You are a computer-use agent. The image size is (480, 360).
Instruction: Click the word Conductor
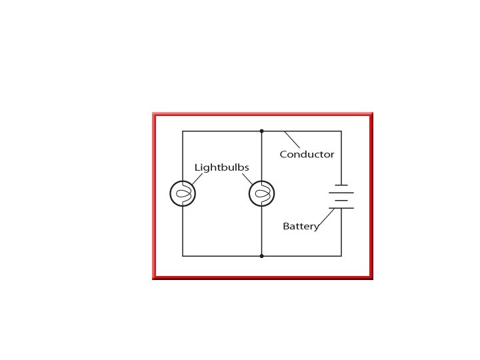[x=307, y=155]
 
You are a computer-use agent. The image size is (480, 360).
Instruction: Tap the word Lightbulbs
[x=221, y=167]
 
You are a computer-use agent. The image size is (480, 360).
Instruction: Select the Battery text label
[x=301, y=227]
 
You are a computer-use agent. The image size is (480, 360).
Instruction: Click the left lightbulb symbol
[x=183, y=194]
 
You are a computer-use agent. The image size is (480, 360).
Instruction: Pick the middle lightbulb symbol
[x=261, y=194]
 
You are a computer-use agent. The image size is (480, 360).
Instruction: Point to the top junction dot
[x=261, y=131]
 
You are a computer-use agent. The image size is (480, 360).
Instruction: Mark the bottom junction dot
[x=261, y=255]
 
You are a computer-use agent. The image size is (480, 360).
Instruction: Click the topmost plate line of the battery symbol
[x=341, y=185]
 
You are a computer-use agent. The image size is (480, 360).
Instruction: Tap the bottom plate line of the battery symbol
[x=341, y=208]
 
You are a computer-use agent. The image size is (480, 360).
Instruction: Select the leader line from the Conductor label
[x=292, y=140]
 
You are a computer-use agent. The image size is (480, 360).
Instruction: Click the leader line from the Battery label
[x=325, y=218]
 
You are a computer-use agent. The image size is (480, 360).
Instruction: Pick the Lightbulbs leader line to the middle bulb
[x=247, y=179]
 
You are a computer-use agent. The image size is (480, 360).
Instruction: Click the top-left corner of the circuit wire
[x=183, y=131]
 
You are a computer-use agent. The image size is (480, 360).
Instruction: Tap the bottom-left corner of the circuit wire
[x=183, y=255]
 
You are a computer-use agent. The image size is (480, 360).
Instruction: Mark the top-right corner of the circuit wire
[x=341, y=131]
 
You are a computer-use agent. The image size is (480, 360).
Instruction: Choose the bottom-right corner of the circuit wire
[x=341, y=255]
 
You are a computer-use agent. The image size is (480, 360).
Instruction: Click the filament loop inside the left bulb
[x=185, y=194]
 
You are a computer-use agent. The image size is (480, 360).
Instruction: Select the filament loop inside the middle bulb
[x=263, y=194]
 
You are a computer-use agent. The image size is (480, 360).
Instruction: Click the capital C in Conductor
[x=283, y=155]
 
